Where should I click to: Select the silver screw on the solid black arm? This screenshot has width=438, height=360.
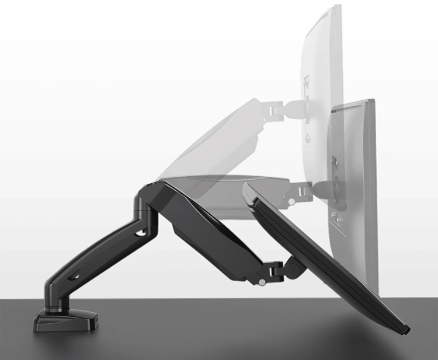(263, 282)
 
